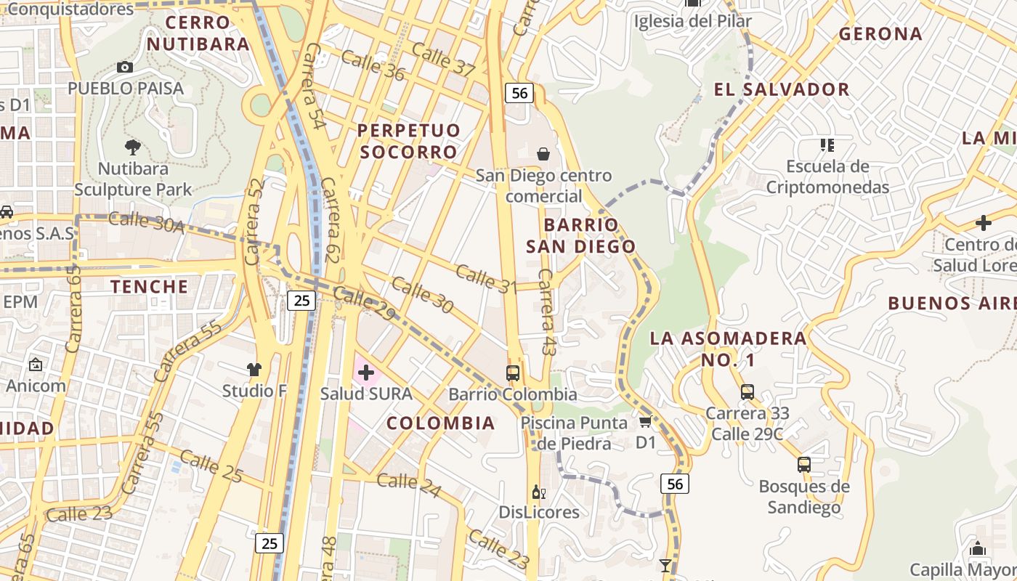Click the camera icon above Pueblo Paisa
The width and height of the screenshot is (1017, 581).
click(125, 68)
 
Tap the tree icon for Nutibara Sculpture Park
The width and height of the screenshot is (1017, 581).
click(132, 147)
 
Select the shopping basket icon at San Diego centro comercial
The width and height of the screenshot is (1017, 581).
click(543, 153)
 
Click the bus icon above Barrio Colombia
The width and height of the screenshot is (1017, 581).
click(513, 373)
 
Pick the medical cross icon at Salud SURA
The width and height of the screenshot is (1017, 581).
click(366, 373)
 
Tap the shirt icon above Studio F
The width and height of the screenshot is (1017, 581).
click(254, 370)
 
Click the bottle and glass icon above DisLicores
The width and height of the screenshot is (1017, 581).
click(538, 492)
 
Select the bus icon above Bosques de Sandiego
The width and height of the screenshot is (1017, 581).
click(803, 465)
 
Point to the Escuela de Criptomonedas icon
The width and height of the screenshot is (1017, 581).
click(827, 145)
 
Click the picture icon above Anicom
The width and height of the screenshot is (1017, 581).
click(36, 365)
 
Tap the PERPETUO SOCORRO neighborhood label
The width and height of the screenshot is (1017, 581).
click(409, 141)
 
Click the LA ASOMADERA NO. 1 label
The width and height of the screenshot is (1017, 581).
click(728, 349)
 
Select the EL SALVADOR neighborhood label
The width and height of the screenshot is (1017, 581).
click(782, 89)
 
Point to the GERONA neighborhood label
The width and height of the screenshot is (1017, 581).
click(880, 33)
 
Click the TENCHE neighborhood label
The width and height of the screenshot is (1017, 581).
click(150, 286)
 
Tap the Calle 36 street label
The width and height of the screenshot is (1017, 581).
click(372, 64)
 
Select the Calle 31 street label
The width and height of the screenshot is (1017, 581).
click(485, 280)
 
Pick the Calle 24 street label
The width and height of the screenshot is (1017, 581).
click(408, 485)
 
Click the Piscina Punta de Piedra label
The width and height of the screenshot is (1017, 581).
click(574, 433)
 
